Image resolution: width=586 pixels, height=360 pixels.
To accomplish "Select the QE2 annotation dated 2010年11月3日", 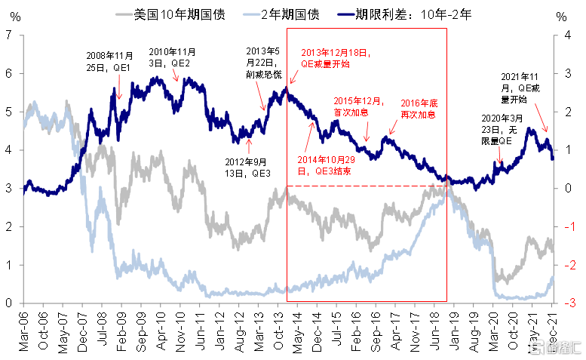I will (x=173, y=57).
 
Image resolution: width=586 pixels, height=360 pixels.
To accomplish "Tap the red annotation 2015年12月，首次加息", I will (x=359, y=106).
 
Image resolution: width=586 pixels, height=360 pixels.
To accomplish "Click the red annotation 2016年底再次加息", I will (x=419, y=109).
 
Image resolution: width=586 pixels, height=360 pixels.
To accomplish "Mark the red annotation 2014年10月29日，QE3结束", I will (x=326, y=166).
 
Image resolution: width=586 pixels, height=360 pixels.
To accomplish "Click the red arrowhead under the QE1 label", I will (x=119, y=97).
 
